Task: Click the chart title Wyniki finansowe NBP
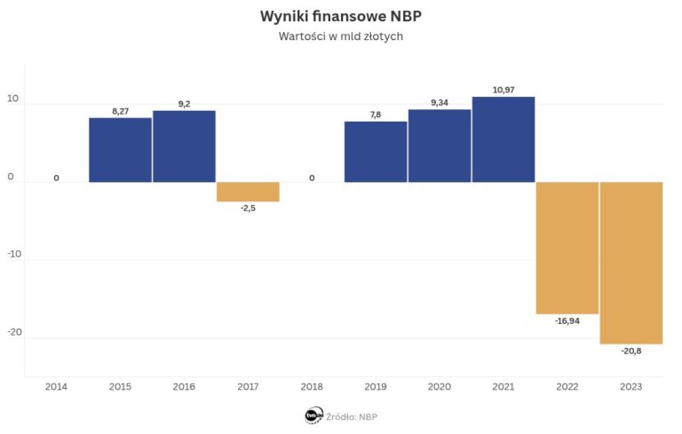pos(341,17)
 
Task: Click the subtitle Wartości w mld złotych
pos(341,37)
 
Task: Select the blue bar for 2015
pos(120,150)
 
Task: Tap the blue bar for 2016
pos(184,146)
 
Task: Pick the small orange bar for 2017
pos(248,192)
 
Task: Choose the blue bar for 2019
pos(376,152)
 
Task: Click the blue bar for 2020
pos(440,146)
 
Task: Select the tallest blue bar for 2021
pos(504,139)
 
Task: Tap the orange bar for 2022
pos(567,248)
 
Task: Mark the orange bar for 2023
pos(631,263)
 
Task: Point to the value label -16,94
pos(567,320)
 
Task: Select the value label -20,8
pos(631,351)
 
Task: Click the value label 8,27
pos(120,111)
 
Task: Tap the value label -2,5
pos(248,209)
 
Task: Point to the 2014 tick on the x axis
pos(56,387)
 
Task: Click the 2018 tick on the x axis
pos(312,387)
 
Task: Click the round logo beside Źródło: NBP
pos(313,414)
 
